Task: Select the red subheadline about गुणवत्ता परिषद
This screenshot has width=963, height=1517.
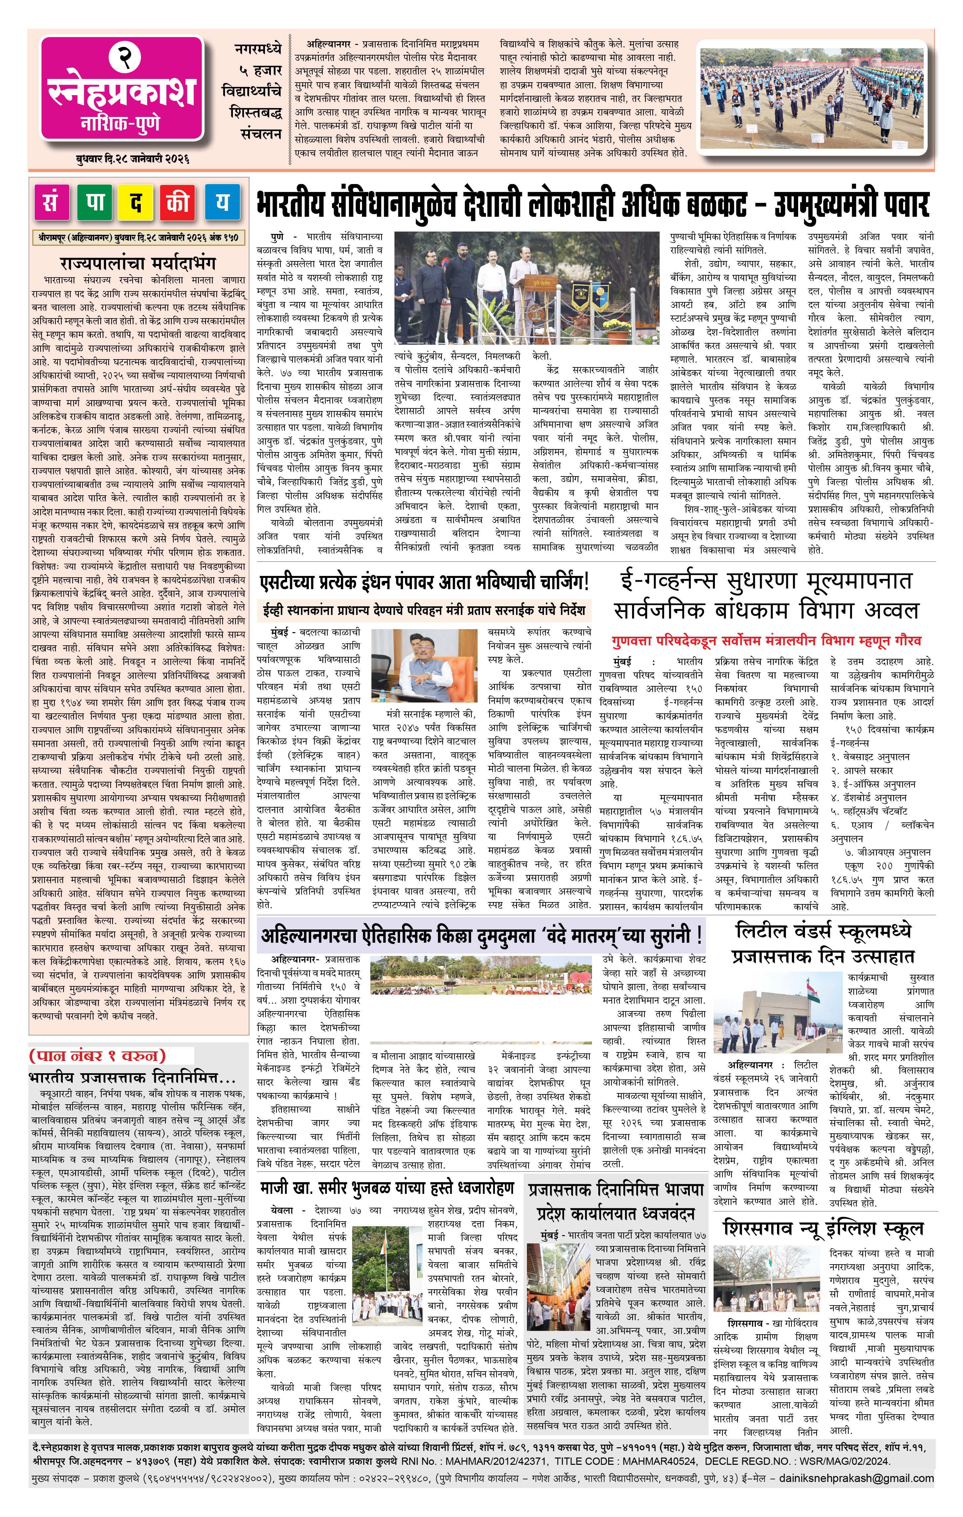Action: (766, 641)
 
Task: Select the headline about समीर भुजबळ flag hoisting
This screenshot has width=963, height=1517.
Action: (387, 1188)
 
